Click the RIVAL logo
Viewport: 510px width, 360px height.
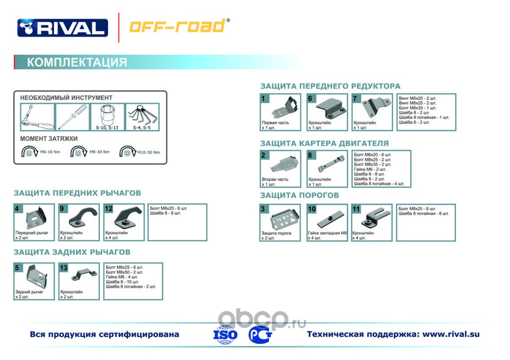click(x=63, y=27)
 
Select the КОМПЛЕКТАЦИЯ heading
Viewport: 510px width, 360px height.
click(x=77, y=62)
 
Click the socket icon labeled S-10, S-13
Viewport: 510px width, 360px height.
click(x=107, y=116)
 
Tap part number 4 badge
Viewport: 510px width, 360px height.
click(x=17, y=209)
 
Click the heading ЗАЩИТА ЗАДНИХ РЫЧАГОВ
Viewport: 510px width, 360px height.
click(x=72, y=252)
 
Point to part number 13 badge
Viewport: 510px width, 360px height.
click(x=63, y=268)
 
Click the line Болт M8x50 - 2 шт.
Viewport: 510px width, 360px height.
click(x=125, y=272)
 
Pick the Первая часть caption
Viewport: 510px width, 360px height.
click(x=275, y=122)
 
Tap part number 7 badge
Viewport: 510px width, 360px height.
click(x=356, y=99)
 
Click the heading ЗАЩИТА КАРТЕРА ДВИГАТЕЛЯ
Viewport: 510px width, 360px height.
click(x=324, y=144)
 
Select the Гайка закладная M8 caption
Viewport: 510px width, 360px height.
click(x=327, y=233)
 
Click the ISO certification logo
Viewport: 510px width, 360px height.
click(x=226, y=335)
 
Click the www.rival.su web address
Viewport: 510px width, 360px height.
click(x=451, y=334)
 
